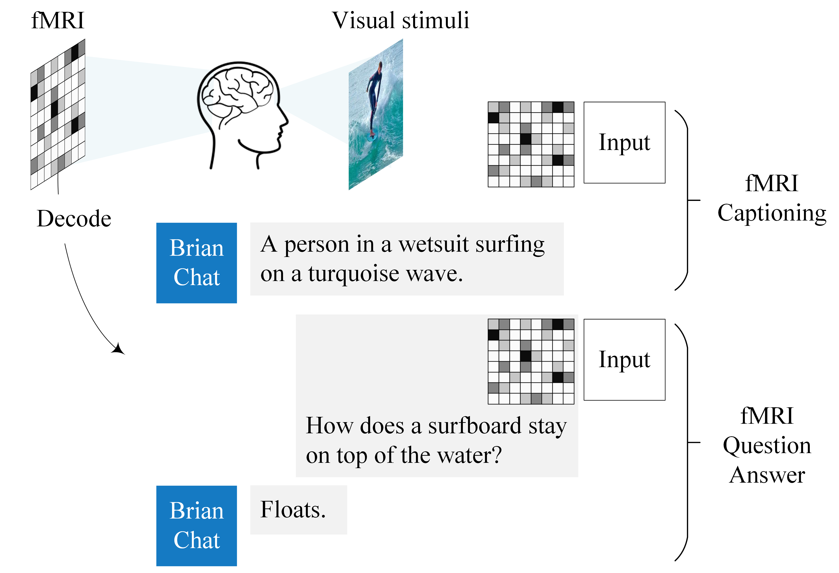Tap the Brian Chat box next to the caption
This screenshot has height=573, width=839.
coord(196,263)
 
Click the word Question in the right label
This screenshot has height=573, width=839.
coord(767,446)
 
